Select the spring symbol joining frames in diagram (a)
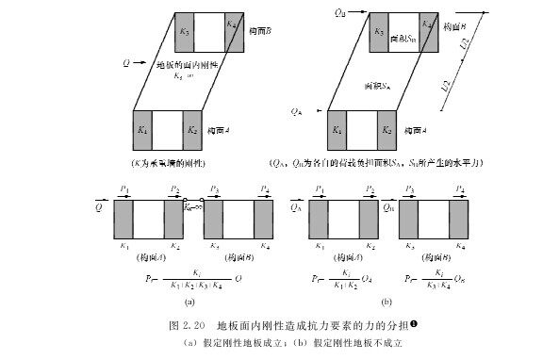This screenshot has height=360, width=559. tap(193, 205)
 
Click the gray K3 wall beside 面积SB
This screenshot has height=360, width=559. tap(377, 34)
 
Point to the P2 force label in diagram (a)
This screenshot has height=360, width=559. tap(174, 190)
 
